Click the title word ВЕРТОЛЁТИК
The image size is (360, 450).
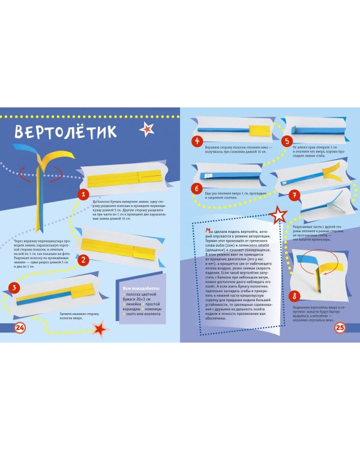(66, 131)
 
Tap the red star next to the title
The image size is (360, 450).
(146, 128)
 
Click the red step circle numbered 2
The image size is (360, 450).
(84, 259)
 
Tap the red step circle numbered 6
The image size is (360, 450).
(196, 188)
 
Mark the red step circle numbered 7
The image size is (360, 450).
(294, 195)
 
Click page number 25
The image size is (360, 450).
(340, 327)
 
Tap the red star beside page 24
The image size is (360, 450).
(101, 328)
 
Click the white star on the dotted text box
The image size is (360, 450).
(279, 214)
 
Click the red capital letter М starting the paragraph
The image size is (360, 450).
(207, 230)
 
